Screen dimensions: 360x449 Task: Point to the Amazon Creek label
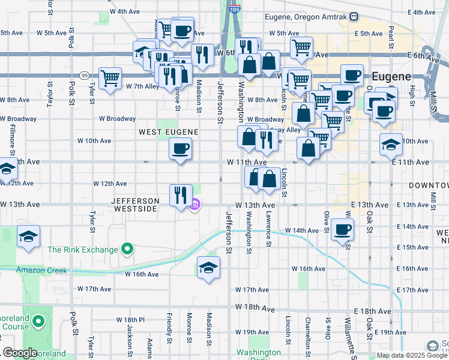[42, 271]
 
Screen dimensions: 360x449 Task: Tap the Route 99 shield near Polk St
[85, 75]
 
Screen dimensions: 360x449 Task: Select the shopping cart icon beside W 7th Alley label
[110, 78]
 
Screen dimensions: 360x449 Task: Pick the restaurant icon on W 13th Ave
[181, 194]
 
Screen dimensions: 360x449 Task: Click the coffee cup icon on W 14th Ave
[343, 229]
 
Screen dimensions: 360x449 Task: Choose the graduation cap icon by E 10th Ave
[390, 144]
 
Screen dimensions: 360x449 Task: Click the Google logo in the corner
[20, 353]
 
